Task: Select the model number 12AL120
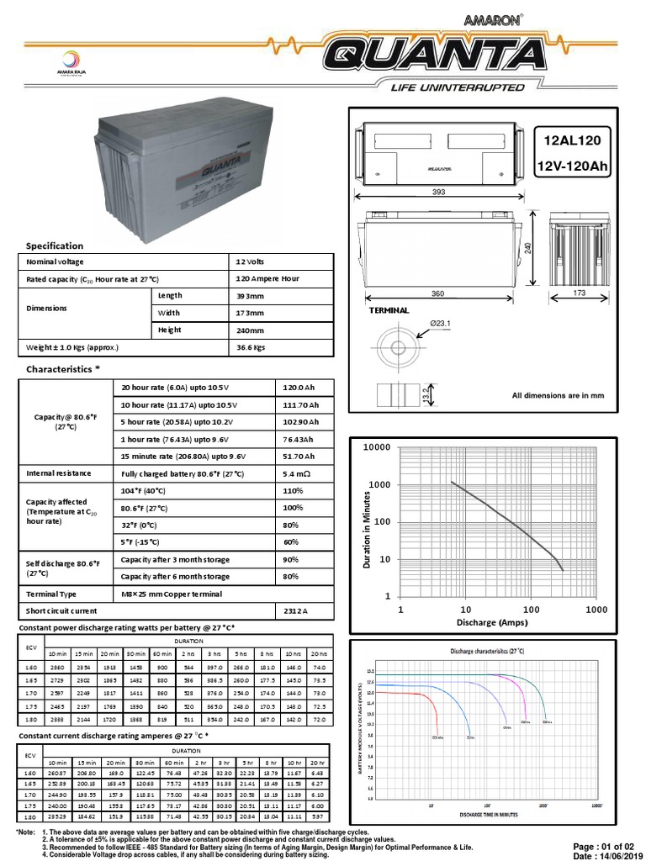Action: pyautogui.click(x=573, y=140)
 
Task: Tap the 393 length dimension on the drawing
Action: pyautogui.click(x=438, y=190)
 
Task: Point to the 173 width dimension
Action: pyautogui.click(x=579, y=293)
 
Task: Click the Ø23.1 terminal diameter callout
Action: pyautogui.click(x=441, y=323)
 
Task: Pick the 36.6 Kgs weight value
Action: pyautogui.click(x=250, y=346)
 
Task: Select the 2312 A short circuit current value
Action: pyautogui.click(x=297, y=610)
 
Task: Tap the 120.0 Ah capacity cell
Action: pyautogui.click(x=299, y=386)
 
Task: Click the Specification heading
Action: pyautogui.click(x=55, y=246)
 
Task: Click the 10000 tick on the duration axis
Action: pyautogui.click(x=376, y=446)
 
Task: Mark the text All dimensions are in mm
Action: pyautogui.click(x=558, y=394)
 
